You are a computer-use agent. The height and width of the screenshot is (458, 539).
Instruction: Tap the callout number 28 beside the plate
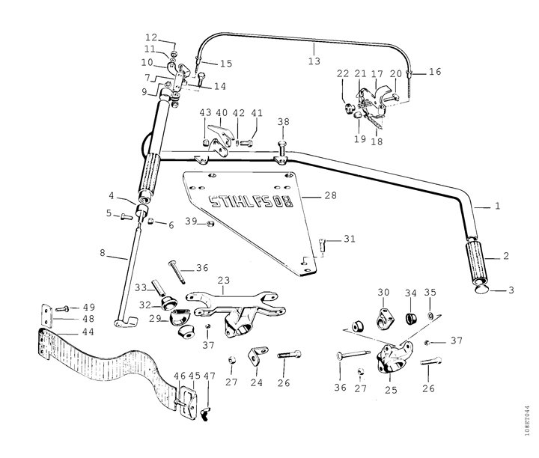click(x=330, y=195)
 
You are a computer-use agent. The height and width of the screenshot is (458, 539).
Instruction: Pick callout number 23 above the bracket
click(x=224, y=281)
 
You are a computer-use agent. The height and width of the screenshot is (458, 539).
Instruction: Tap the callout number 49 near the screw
click(x=88, y=307)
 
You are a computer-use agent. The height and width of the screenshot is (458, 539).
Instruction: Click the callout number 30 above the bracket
click(x=383, y=292)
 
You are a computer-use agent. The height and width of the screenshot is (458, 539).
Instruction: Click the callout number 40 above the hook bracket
click(x=222, y=113)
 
